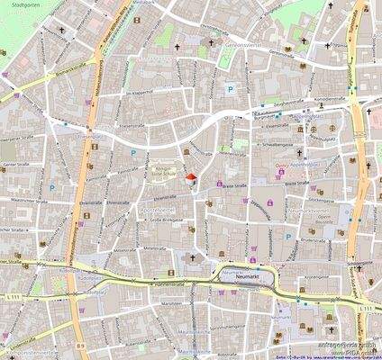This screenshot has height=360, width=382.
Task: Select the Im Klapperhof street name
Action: (142, 94)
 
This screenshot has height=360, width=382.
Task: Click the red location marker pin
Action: (189, 176)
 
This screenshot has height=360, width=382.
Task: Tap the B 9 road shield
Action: (79, 344)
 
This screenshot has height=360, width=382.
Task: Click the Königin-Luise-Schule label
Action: (165, 174)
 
